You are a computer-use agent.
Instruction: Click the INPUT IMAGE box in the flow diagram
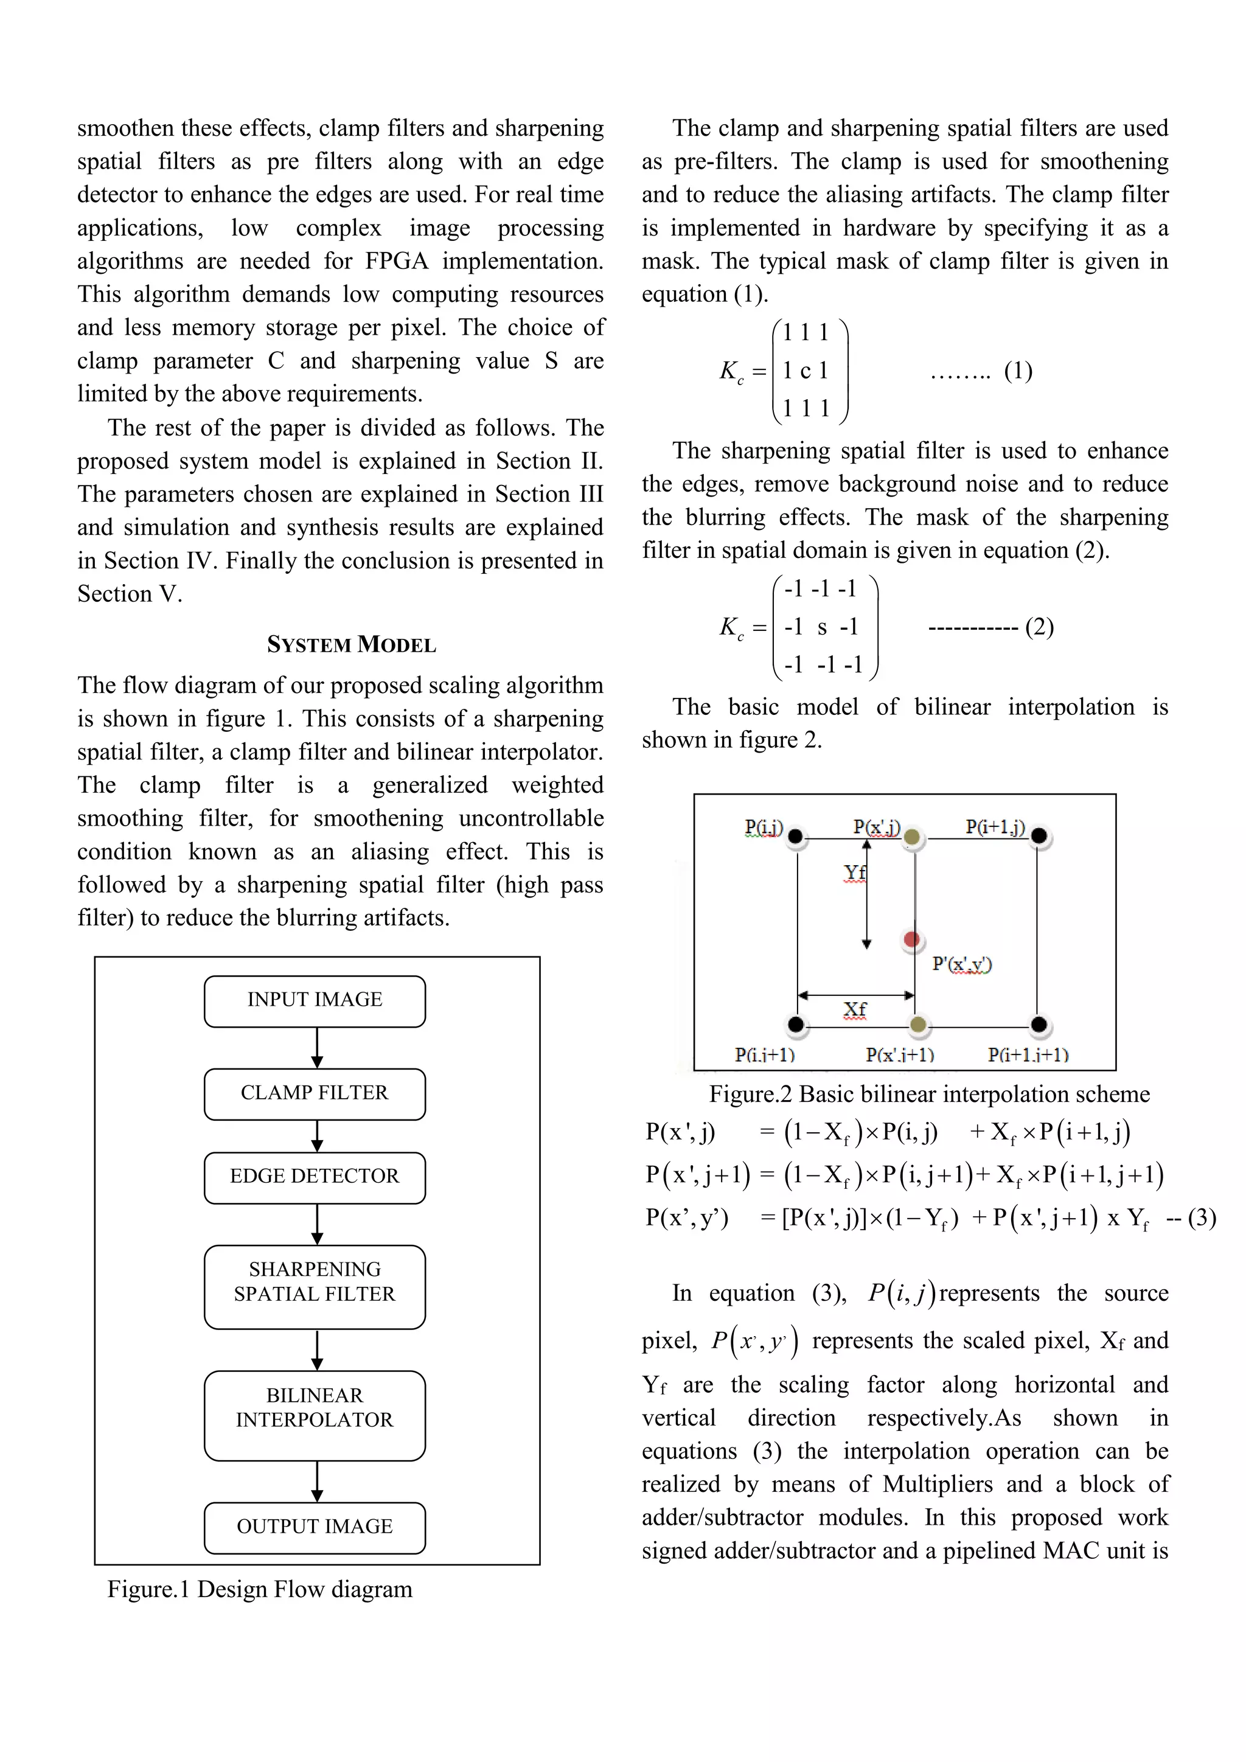tap(315, 1001)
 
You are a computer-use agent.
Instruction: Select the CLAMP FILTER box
tap(315, 1093)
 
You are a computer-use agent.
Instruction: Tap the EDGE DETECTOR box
tap(315, 1177)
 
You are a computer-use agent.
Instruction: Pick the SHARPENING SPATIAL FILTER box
tap(315, 1286)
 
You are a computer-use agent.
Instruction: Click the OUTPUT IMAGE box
tap(315, 1527)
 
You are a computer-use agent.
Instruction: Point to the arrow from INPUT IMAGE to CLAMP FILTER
tap(317, 1048)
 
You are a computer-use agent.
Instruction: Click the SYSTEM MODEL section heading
tap(352, 645)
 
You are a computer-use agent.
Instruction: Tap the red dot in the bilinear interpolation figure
tap(911, 939)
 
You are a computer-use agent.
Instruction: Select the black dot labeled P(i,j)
tap(796, 836)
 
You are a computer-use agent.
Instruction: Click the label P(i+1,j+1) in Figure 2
tap(1028, 1054)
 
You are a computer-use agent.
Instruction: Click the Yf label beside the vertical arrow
tap(854, 872)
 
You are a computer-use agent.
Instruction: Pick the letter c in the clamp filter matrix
tap(805, 371)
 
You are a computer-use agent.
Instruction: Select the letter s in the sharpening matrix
tap(822, 628)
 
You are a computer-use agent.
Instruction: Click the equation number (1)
tap(1018, 371)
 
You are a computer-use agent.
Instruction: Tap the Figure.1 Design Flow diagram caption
tap(259, 1589)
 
